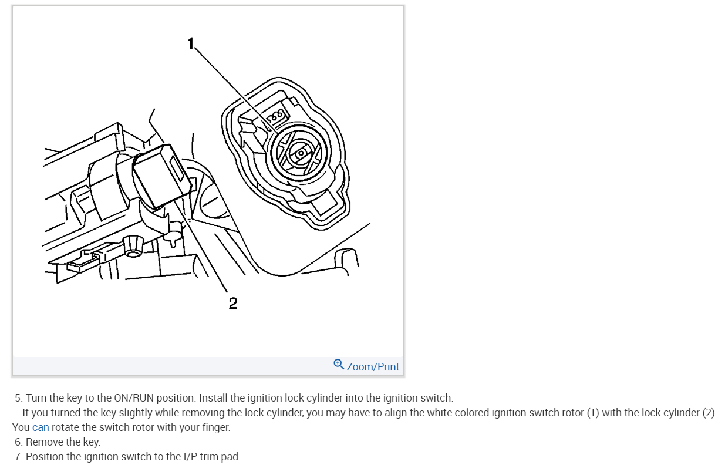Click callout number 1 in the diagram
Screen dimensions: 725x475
pyautogui.click(x=190, y=43)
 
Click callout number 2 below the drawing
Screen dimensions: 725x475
pyautogui.click(x=233, y=303)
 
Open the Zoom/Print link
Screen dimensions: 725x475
pyautogui.click(x=373, y=366)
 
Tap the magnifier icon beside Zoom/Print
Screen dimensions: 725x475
pyautogui.click(x=339, y=365)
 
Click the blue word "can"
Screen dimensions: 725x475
pyautogui.click(x=41, y=427)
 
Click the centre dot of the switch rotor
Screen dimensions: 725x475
pyautogui.click(x=300, y=153)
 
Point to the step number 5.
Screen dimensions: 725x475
pyautogui.click(x=18, y=398)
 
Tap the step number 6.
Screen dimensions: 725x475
pyautogui.click(x=18, y=442)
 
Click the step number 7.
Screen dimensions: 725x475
pyautogui.click(x=18, y=456)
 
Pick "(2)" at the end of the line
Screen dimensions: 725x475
pyautogui.click(x=709, y=412)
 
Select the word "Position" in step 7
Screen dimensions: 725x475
pyautogui.click(x=45, y=456)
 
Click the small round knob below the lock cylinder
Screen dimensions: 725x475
pyautogui.click(x=132, y=246)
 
